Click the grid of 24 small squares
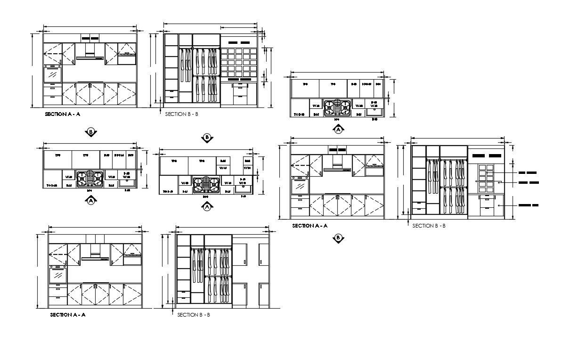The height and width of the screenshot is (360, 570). coord(238,61)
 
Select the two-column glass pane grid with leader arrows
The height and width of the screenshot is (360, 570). coord(486,179)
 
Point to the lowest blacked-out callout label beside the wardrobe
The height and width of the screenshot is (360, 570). coord(528,205)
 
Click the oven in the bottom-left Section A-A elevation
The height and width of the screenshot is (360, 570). coord(57,274)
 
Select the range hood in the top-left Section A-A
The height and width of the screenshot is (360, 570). coord(90,58)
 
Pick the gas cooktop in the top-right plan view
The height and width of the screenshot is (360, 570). coord(338,107)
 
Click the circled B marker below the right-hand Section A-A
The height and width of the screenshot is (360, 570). coord(338,238)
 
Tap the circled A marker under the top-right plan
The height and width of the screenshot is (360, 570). coord(338,130)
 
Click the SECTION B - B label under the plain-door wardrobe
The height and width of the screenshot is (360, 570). coord(194,314)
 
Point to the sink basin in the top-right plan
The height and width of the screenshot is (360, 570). coord(375,111)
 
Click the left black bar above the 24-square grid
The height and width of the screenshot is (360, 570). coord(230,42)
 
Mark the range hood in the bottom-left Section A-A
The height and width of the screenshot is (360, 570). coord(95,257)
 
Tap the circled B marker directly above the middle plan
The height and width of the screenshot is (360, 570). coord(207,138)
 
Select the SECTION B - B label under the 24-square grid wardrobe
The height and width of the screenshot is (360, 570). coord(182,114)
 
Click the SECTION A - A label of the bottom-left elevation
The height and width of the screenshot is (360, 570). coord(68,314)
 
